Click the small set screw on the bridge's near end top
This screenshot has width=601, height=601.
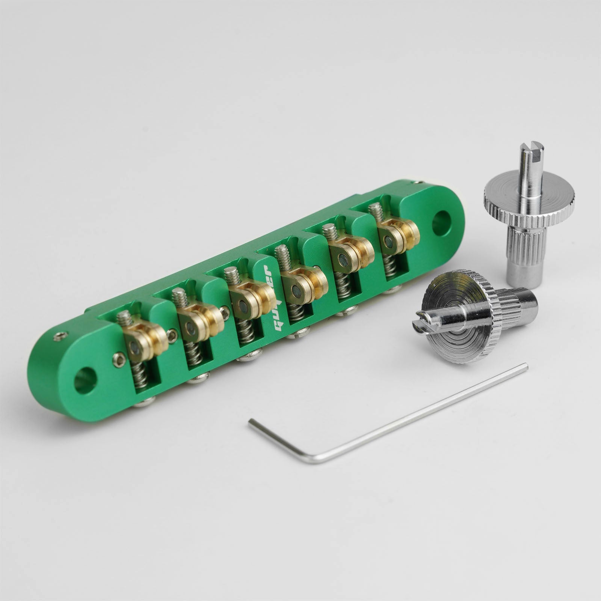pos(60,335)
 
